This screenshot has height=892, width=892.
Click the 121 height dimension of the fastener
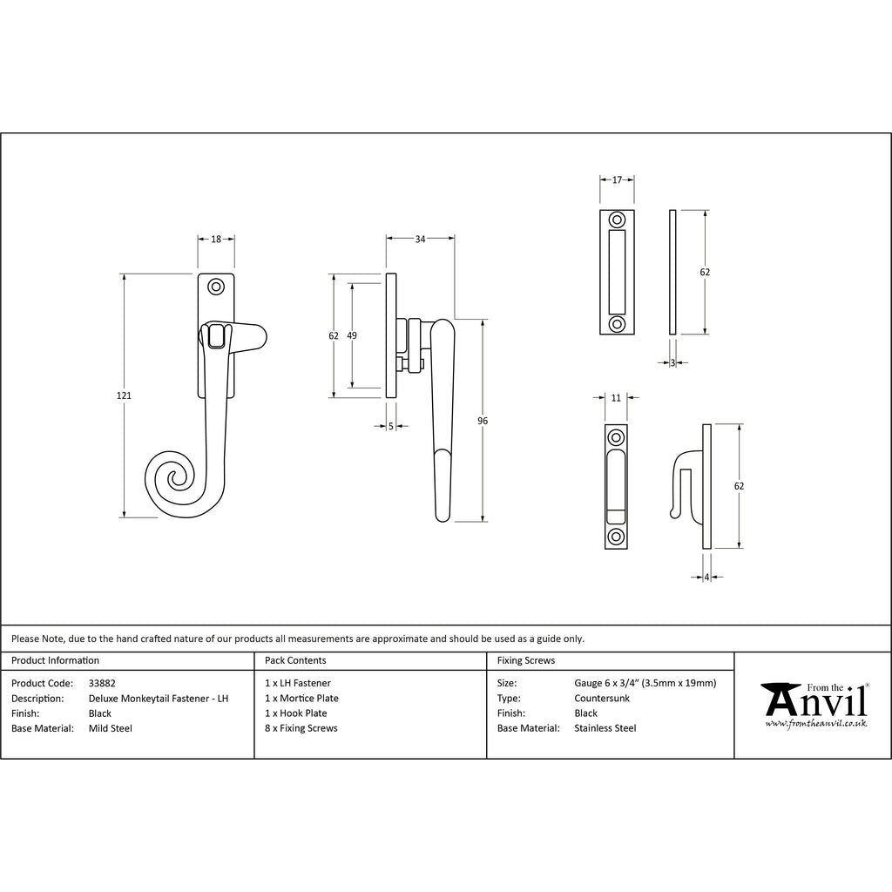tap(124, 395)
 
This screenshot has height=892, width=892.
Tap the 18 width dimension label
tap(216, 240)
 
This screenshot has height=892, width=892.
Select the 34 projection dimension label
tap(420, 240)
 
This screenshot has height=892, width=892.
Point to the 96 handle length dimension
tap(483, 421)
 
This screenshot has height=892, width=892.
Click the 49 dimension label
tap(352, 335)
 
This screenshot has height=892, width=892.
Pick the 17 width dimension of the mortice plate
tap(618, 179)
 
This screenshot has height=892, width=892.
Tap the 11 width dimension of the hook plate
tap(616, 398)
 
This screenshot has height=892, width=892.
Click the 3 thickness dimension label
tap(673, 363)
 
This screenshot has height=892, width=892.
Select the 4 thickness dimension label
tap(707, 578)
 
